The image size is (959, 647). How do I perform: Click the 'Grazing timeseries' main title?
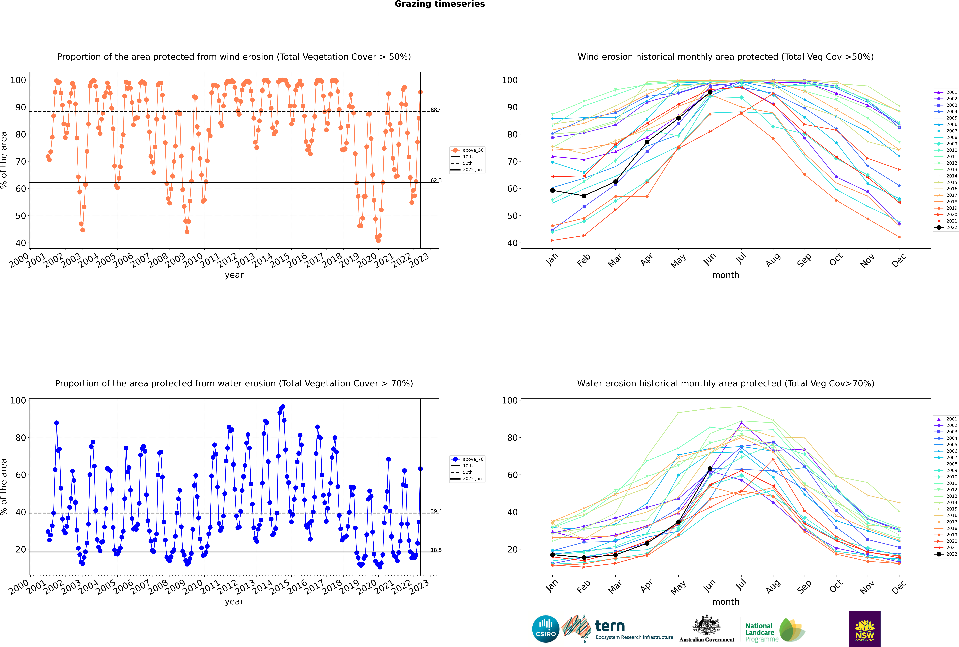[x=440, y=4]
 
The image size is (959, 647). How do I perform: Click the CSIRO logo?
[x=545, y=629]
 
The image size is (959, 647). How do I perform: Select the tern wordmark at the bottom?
[x=610, y=626]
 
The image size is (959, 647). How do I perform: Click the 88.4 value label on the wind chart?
[x=436, y=110]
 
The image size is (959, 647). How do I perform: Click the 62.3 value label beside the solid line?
[x=436, y=180]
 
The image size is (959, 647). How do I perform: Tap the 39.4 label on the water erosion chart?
[x=436, y=511]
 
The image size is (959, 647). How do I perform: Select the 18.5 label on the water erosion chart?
[x=436, y=550]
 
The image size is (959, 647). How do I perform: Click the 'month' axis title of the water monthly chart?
[x=726, y=602]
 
